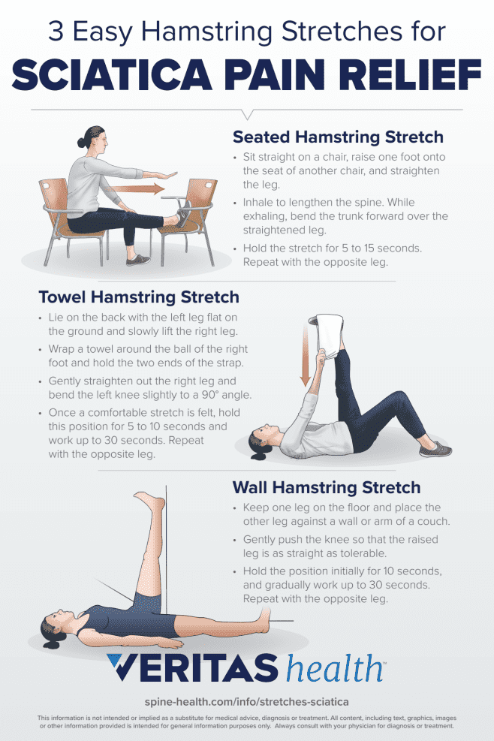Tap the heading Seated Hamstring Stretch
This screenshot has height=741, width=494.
coord(337,137)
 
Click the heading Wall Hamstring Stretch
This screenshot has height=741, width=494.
coord(326,488)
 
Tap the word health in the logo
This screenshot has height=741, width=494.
coord(335,668)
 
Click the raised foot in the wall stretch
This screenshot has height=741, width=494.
coord(148,502)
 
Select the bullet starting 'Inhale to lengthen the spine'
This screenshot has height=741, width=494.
coord(345,216)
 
